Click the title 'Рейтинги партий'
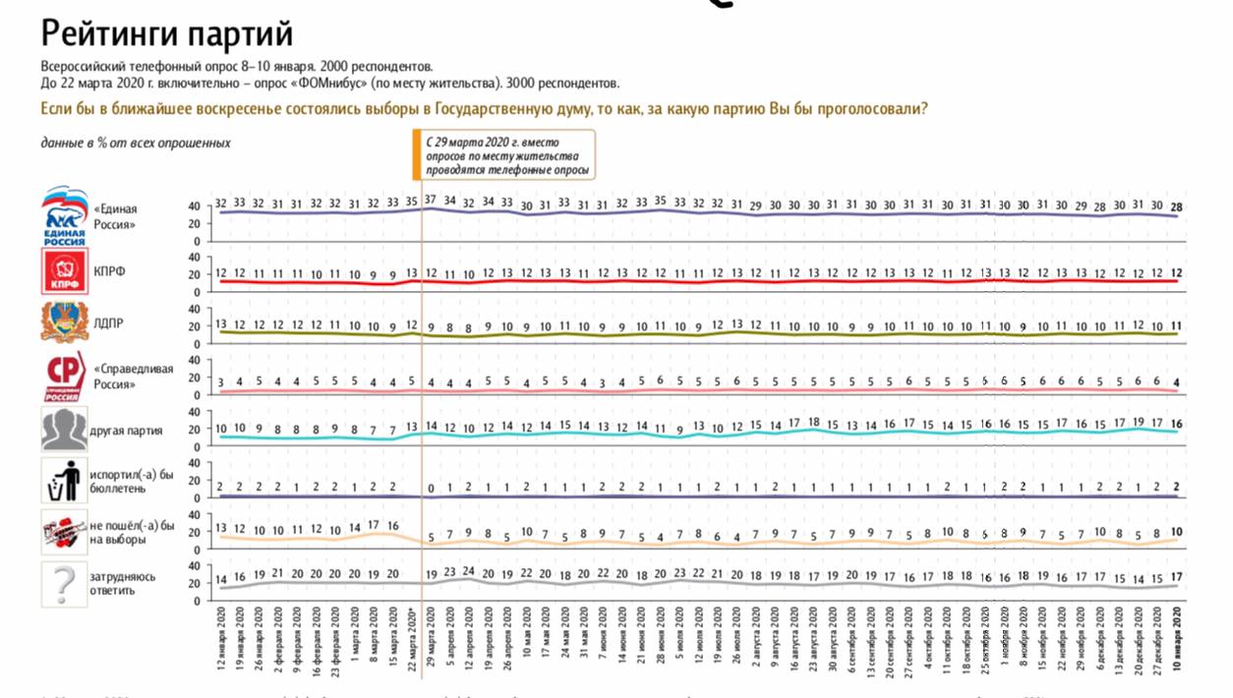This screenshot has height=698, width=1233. pyautogui.click(x=167, y=34)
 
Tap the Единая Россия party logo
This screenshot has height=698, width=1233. pyautogui.click(x=65, y=216)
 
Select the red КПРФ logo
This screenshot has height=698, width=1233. pyautogui.click(x=65, y=270)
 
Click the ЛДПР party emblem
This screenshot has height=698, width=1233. pyautogui.click(x=65, y=321)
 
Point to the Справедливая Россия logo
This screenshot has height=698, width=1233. pyautogui.click(x=65, y=378)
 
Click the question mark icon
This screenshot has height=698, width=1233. pyautogui.click(x=65, y=584)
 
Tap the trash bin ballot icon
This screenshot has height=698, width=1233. pyautogui.click(x=65, y=482)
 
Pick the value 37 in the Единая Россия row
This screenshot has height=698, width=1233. pyautogui.click(x=431, y=201)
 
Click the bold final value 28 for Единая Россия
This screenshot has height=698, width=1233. pyautogui.click(x=1177, y=205)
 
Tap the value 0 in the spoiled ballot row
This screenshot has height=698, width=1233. pyautogui.click(x=431, y=488)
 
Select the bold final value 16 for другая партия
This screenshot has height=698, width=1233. pyautogui.click(x=1177, y=423)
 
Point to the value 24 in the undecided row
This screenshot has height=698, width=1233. pyautogui.click(x=469, y=571)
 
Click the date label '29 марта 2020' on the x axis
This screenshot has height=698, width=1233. pyautogui.click(x=431, y=639)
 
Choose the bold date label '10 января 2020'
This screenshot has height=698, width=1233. pyautogui.click(x=1177, y=639)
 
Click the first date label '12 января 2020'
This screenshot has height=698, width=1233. pyautogui.click(x=220, y=639)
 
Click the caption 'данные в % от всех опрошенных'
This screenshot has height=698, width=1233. pyautogui.click(x=136, y=143)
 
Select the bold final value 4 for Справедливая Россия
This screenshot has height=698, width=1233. pyautogui.click(x=1177, y=382)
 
